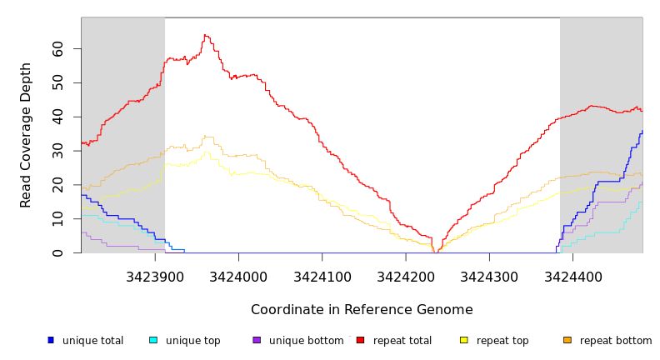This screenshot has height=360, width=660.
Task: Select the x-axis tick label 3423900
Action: point(155,276)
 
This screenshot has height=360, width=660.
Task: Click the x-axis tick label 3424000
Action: point(238,276)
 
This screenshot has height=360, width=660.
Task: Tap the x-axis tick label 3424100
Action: point(322,276)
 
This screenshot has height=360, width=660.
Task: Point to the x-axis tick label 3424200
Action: point(406,276)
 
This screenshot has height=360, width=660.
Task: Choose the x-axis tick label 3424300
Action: point(489,276)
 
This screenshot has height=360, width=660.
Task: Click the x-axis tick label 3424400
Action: point(572,276)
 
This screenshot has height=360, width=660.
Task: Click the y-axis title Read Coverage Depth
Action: point(27,135)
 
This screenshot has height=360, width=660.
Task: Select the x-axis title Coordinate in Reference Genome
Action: point(362,310)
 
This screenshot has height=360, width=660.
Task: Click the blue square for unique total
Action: point(51,340)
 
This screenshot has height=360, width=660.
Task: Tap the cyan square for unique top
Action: point(152,340)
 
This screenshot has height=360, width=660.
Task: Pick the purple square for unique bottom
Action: point(257,340)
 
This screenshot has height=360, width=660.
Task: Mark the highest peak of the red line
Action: point(205,35)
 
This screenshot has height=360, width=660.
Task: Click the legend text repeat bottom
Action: point(616,341)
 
